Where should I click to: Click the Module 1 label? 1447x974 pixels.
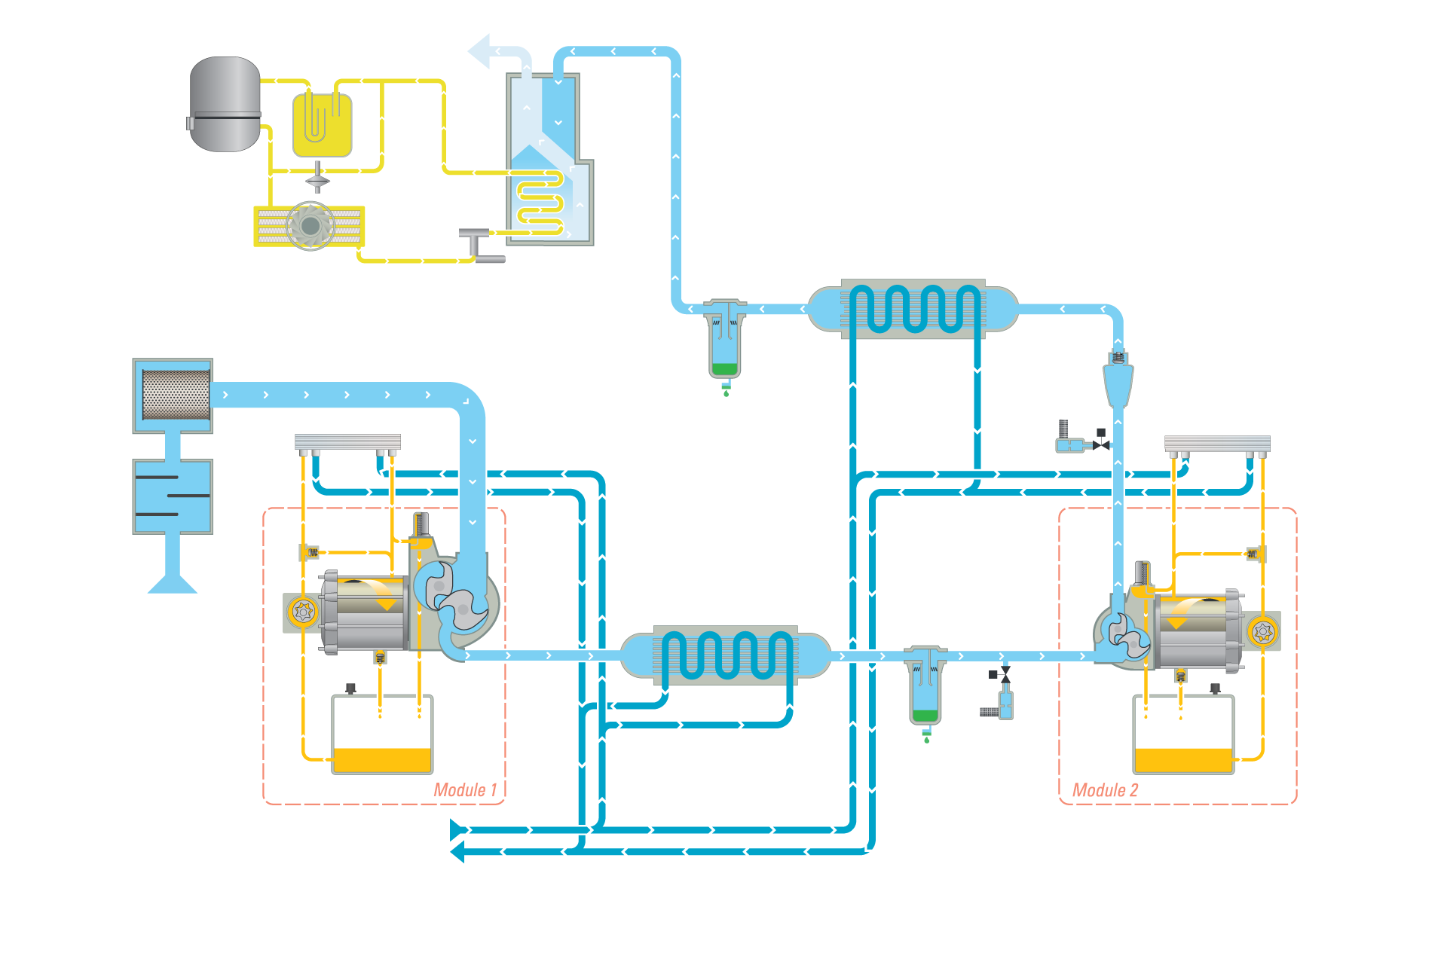(x=465, y=789)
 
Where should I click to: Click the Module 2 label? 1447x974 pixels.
(x=1105, y=789)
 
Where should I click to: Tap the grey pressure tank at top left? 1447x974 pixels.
(x=225, y=104)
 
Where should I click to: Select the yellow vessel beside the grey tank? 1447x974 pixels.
(x=322, y=125)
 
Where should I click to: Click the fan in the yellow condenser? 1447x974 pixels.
(x=310, y=225)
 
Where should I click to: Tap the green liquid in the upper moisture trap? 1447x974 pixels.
(x=724, y=369)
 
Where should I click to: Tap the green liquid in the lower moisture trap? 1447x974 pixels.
(x=925, y=716)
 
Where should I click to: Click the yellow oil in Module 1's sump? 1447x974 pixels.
(x=382, y=760)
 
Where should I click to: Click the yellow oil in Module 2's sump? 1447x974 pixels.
(x=1183, y=760)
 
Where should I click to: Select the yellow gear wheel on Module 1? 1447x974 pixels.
(x=304, y=612)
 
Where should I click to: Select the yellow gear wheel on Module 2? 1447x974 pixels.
(x=1263, y=631)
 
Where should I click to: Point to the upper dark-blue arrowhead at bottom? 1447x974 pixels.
(x=457, y=829)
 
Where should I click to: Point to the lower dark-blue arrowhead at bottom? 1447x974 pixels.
(x=457, y=852)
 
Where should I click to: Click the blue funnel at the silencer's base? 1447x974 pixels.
(x=173, y=582)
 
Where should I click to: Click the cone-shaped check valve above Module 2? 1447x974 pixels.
(x=1118, y=383)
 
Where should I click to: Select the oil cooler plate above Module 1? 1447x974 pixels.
(x=347, y=441)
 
